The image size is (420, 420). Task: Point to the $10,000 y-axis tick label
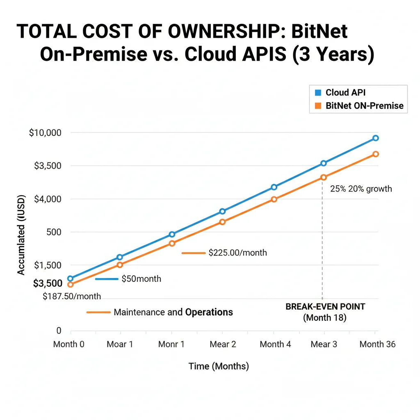click(45, 133)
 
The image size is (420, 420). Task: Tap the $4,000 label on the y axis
click(48, 199)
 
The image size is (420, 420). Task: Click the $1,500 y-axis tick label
click(48, 265)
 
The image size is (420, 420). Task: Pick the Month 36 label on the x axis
click(377, 345)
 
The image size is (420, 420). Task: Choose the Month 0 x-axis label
click(69, 345)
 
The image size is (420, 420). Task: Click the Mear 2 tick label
click(223, 345)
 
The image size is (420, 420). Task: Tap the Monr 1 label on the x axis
click(171, 345)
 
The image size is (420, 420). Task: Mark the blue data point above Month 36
click(375, 138)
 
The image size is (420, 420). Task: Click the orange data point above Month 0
click(70, 285)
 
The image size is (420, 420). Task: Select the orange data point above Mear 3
click(324, 177)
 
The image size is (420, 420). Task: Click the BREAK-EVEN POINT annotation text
click(325, 307)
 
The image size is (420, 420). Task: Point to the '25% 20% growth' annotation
click(361, 189)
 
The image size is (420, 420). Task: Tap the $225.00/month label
click(237, 253)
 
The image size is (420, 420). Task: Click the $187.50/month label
click(72, 297)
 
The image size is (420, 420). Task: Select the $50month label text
click(141, 279)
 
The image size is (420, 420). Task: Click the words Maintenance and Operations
click(173, 313)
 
